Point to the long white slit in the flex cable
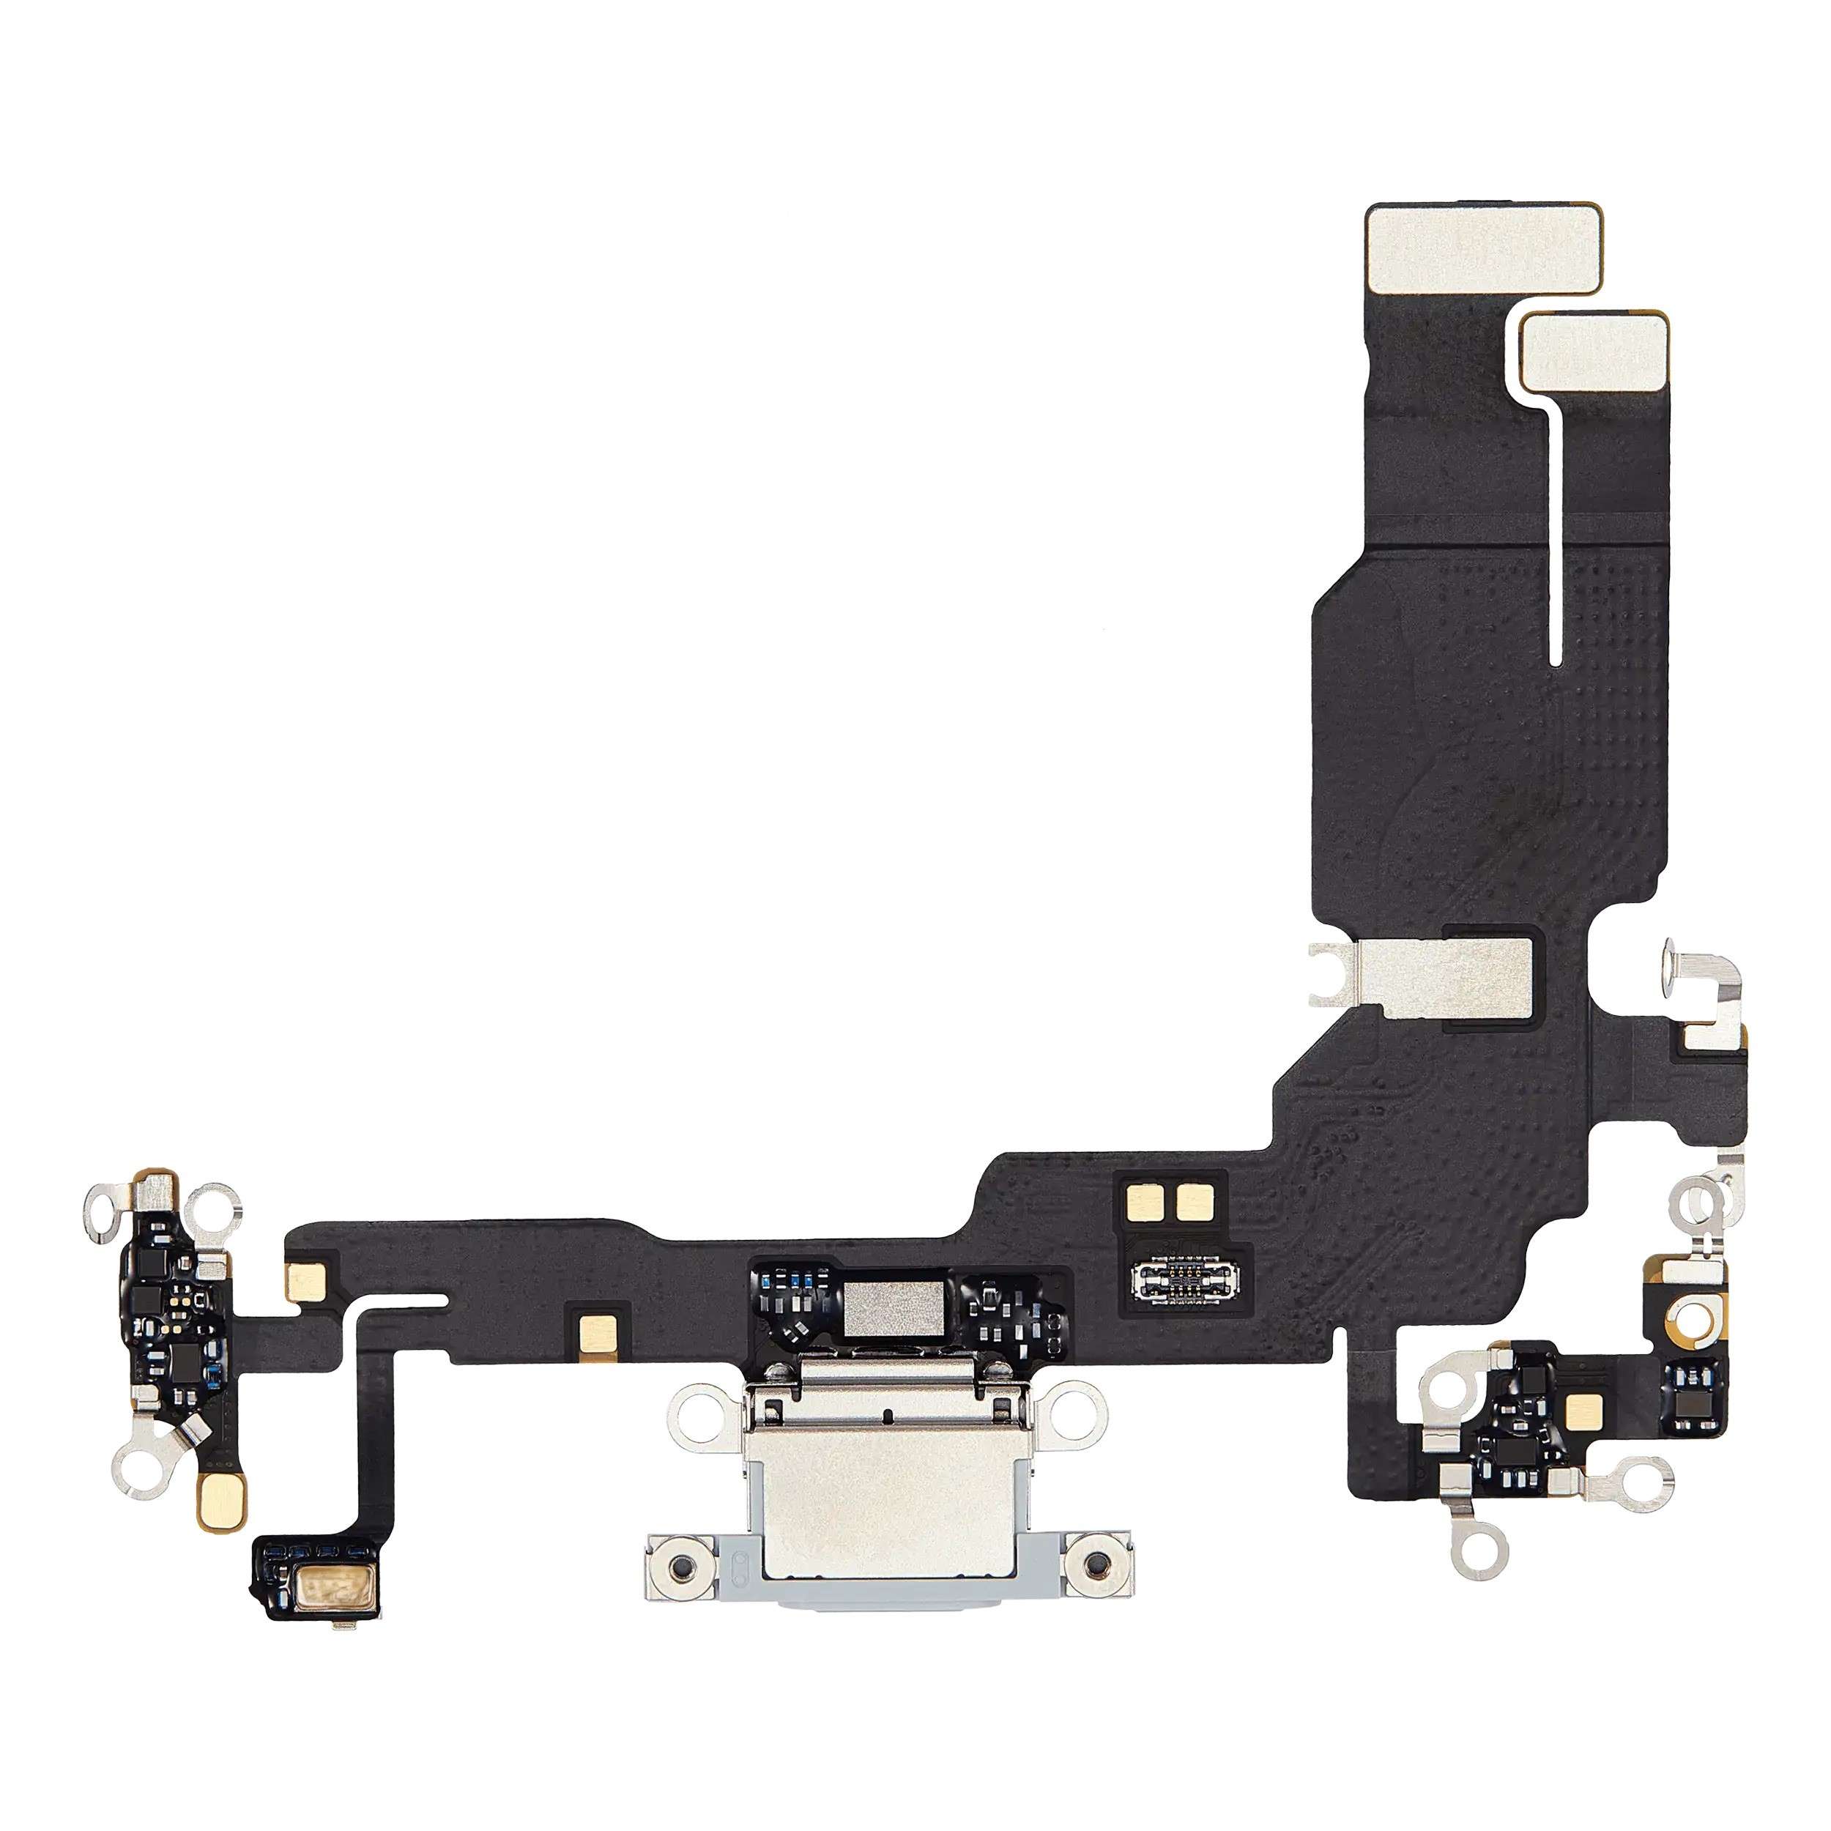[x=1555, y=531]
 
